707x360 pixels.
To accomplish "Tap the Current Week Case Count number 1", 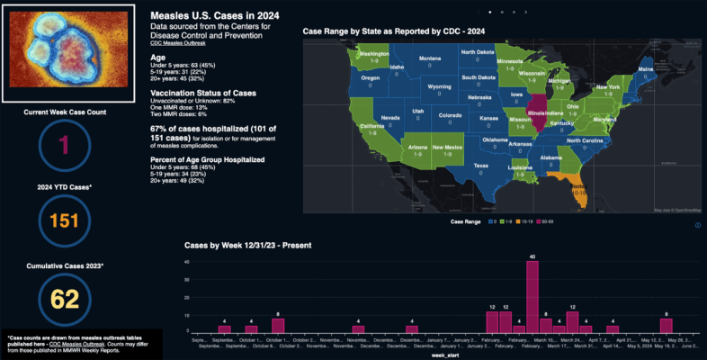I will pos(64,146).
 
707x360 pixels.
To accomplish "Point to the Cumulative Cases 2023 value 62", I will pos(64,299).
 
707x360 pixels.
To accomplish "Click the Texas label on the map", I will pos(480,166).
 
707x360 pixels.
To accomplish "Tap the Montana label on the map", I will pos(430,58).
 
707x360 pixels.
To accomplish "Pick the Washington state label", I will pos(374,54).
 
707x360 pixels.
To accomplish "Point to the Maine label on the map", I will pos(645,68).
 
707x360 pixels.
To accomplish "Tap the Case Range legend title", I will pos(465,220).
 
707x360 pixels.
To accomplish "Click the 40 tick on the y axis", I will pos(186,263).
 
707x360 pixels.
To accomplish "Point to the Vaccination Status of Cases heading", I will pos(203,94).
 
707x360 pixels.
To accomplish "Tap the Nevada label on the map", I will pos(390,118).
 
